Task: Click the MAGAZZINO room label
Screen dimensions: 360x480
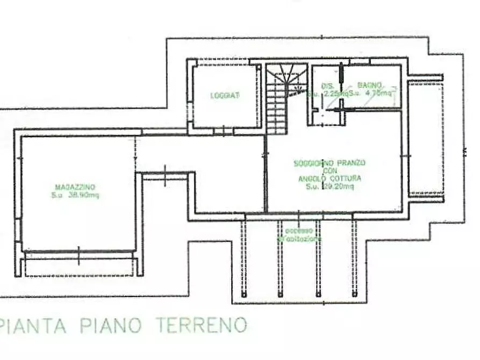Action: click(x=75, y=186)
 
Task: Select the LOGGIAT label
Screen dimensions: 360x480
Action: click(x=225, y=96)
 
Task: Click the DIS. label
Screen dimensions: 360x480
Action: click(x=328, y=85)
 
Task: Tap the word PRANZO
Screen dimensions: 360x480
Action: click(x=352, y=162)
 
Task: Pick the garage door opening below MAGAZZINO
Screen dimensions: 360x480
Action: click(x=78, y=257)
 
